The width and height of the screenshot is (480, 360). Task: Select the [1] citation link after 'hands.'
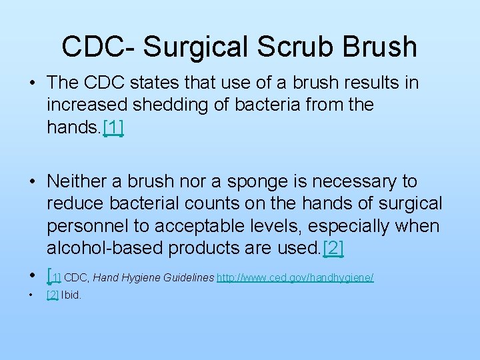[113, 127]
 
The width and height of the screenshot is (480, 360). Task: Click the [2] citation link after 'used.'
[333, 248]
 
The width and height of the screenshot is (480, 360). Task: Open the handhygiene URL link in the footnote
[295, 277]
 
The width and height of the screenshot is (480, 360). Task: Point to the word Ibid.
[71, 295]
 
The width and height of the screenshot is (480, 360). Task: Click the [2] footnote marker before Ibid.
[53, 295]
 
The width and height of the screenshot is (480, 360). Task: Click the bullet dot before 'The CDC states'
[32, 83]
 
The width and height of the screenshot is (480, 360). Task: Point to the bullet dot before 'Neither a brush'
[32, 181]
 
